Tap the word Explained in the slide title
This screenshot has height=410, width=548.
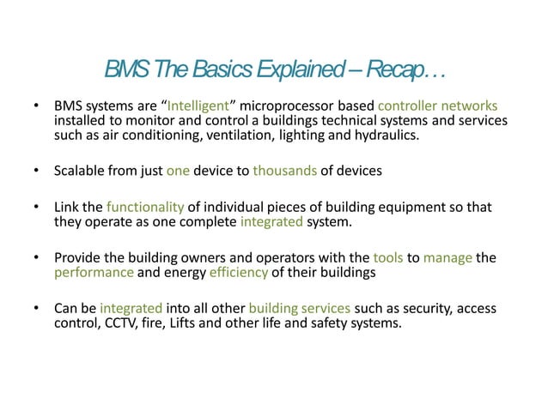coord(307,69)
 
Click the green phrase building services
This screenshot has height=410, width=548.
coord(299,309)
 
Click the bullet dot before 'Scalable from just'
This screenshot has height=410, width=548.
coord(35,171)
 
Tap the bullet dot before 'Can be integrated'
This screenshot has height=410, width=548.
coord(35,309)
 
